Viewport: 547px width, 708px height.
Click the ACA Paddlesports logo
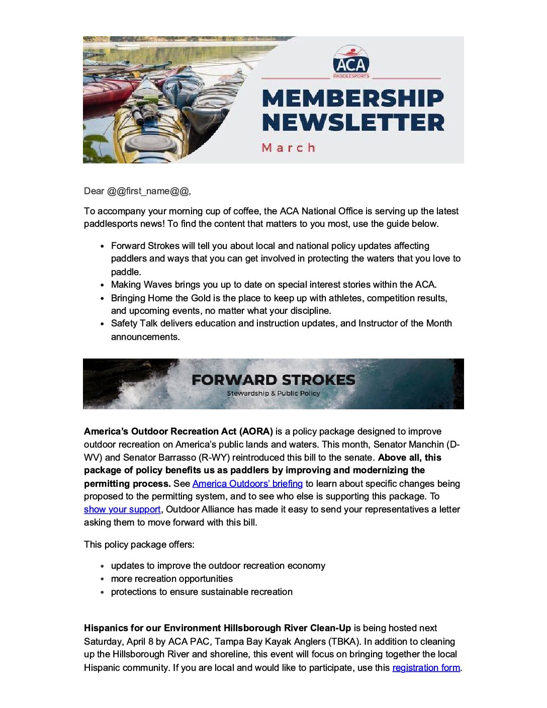tap(351, 62)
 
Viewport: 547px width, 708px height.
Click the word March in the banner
tap(289, 148)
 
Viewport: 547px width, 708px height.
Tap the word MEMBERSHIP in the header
tap(353, 98)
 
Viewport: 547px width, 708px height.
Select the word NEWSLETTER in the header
tap(353, 123)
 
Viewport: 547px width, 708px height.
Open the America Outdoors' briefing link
tap(247, 484)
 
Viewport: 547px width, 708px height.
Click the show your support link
tap(122, 509)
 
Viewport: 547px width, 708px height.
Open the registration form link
tap(426, 668)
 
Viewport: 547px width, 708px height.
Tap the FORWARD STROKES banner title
tap(273, 380)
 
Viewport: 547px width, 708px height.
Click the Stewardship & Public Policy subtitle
tap(273, 393)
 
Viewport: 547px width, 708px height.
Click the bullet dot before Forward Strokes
tap(102, 246)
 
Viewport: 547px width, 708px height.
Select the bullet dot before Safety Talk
tap(102, 324)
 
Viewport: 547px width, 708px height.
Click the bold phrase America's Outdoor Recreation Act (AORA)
tap(178, 431)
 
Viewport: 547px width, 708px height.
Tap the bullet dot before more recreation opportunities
tap(102, 579)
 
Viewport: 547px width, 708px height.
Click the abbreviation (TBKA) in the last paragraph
tap(343, 642)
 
